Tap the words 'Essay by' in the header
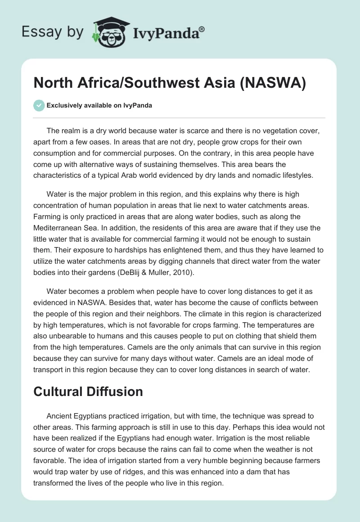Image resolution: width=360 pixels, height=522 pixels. pos(53,32)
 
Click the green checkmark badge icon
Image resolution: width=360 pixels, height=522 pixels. pos(39,105)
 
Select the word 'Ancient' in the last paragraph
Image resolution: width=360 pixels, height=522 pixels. pos(59,416)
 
